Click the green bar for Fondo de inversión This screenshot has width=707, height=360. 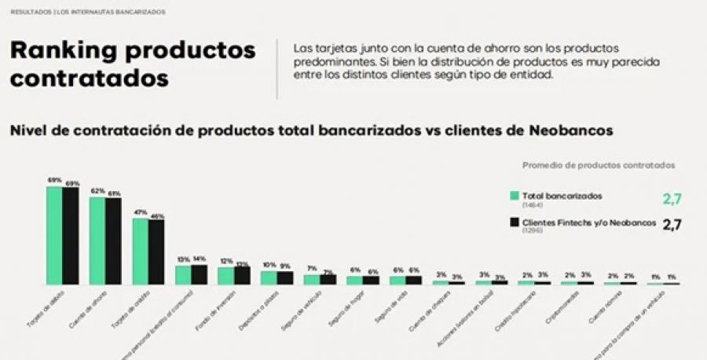click(225, 275)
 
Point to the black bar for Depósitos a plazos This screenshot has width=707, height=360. click(285, 277)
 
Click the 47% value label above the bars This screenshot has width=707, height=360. click(140, 212)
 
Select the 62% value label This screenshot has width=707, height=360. click(97, 191)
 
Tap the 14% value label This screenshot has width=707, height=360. click(199, 259)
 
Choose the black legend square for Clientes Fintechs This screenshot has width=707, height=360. click(515, 223)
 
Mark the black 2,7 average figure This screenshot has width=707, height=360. click(672, 225)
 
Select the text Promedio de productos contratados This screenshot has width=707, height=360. click(599, 165)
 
